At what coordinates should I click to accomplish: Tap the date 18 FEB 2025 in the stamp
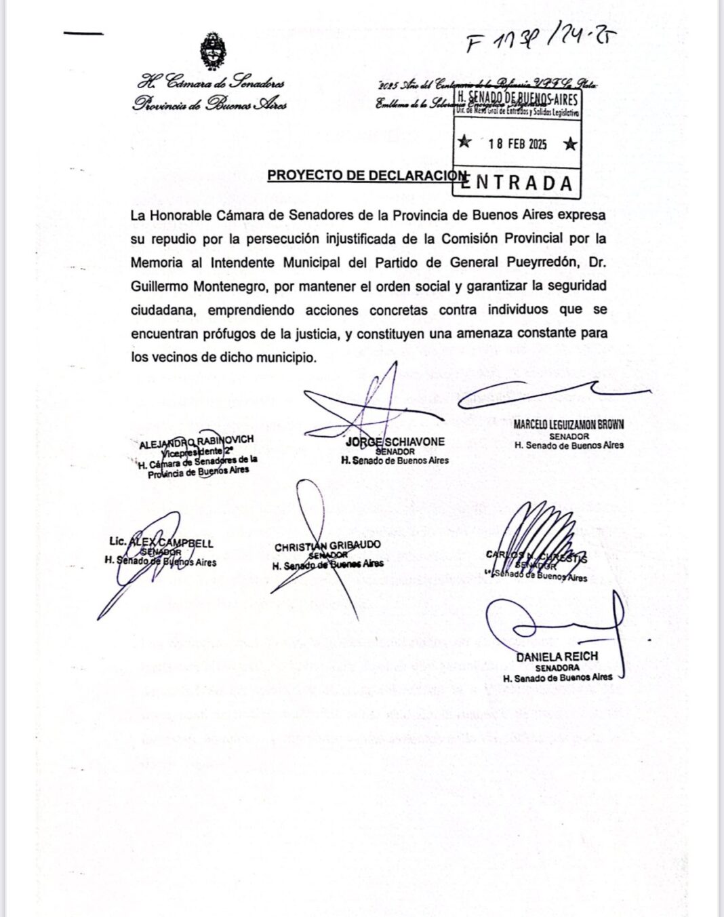[517, 144]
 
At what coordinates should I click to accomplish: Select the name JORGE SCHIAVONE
[395, 442]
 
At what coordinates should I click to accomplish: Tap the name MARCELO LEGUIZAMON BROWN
[569, 425]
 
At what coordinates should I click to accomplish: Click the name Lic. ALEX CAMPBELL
[161, 543]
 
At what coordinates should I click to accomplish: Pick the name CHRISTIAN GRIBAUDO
[327, 545]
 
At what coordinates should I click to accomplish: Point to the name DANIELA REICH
[557, 657]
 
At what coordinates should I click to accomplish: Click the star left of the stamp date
[464, 142]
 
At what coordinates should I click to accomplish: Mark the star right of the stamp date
[571, 143]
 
